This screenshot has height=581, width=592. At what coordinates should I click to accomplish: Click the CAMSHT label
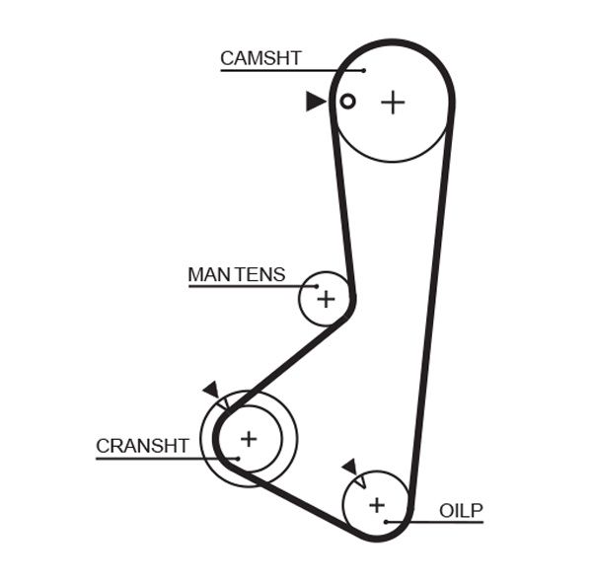pos(259,58)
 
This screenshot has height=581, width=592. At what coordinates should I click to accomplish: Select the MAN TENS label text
pos(236,274)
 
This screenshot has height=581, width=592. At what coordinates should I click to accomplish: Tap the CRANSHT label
pos(142,446)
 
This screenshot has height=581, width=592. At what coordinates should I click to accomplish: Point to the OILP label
pos(461,510)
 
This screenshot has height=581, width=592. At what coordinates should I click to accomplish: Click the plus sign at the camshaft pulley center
pos(393,102)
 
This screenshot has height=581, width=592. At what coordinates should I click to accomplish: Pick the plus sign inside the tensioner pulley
pos(326,299)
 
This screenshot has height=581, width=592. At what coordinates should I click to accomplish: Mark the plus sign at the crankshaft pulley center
pos(249,438)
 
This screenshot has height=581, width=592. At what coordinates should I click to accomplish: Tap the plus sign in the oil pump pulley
pos(376,505)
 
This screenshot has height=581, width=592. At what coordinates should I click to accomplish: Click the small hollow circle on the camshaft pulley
pos(347,101)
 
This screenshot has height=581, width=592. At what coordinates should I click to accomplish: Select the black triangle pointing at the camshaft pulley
pos(315,101)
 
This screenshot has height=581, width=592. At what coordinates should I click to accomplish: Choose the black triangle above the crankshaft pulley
pos(210,390)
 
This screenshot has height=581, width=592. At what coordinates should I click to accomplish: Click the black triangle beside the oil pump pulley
pos(348,467)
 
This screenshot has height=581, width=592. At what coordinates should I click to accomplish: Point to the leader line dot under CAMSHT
pos(363,70)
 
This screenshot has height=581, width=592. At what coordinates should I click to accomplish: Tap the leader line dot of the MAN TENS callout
pos(318,287)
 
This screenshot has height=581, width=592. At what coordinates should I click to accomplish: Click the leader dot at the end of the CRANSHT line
pos(238,458)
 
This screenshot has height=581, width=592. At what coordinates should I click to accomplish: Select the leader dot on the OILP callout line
pos(388,521)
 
